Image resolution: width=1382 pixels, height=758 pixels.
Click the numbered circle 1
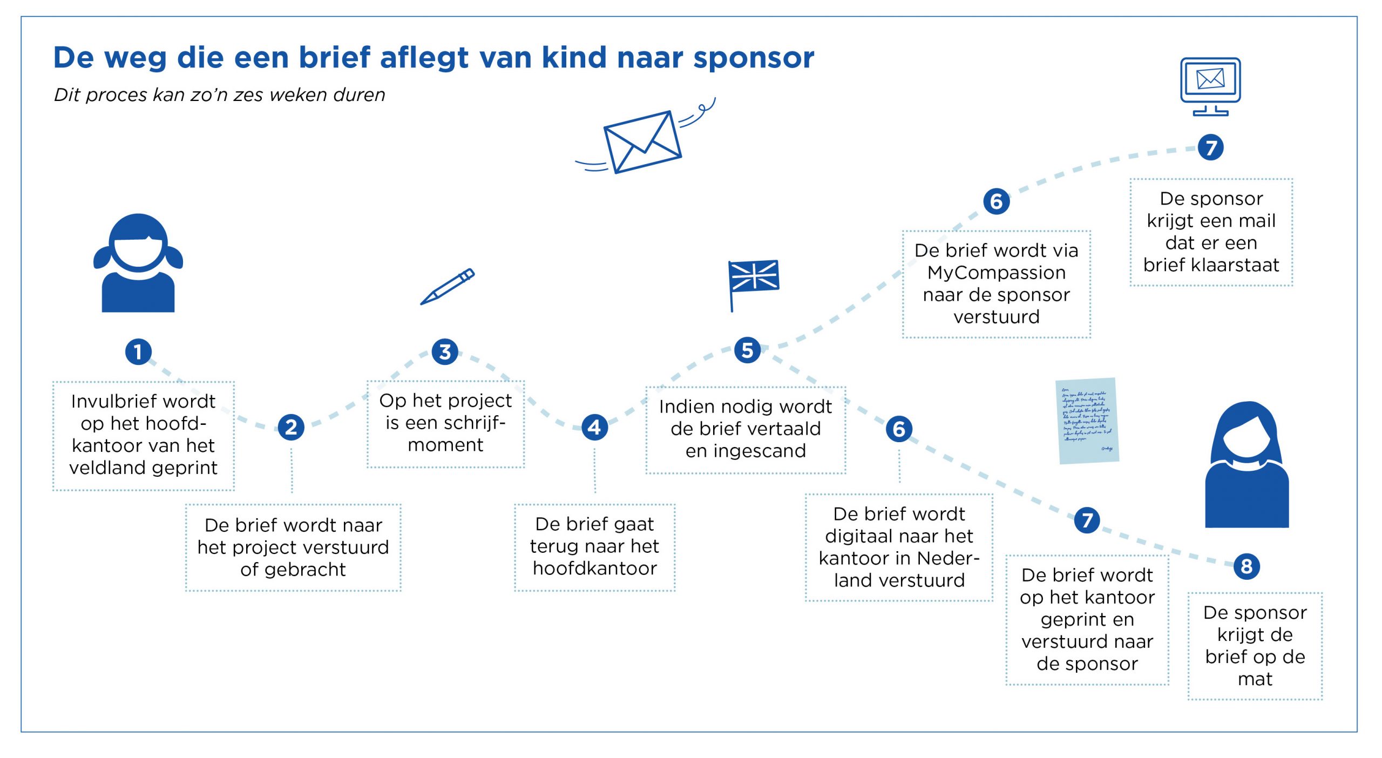click(x=138, y=351)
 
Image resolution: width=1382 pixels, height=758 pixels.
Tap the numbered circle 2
click(x=291, y=427)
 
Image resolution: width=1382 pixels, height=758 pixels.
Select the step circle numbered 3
click(x=445, y=351)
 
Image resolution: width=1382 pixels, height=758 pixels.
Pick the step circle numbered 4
click(x=594, y=427)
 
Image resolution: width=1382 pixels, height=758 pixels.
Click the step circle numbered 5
click(x=747, y=350)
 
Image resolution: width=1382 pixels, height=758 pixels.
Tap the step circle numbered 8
click(x=1246, y=566)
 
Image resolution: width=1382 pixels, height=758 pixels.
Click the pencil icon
click(x=448, y=286)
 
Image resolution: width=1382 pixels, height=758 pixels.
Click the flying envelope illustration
click(x=642, y=141)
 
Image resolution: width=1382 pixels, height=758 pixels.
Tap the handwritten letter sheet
click(x=1087, y=421)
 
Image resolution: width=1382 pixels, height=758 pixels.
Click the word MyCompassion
click(x=997, y=273)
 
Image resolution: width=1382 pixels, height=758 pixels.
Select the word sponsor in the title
click(x=754, y=58)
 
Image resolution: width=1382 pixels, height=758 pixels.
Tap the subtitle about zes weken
click(x=219, y=95)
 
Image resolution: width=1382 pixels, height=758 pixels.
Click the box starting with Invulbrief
click(x=144, y=435)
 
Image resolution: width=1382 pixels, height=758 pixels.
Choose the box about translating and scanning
click(x=746, y=429)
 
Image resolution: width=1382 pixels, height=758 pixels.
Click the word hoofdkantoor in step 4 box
click(x=594, y=568)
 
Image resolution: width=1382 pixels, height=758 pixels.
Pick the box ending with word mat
click(x=1255, y=646)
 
